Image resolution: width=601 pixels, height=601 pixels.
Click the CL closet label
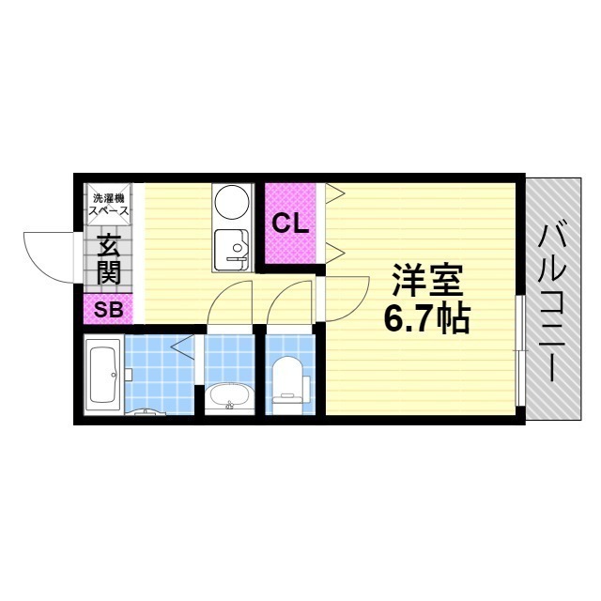pyautogui.click(x=290, y=223)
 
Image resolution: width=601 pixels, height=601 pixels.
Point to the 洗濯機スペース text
pyautogui.click(x=110, y=205)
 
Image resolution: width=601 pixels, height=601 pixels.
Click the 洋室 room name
pyautogui.click(x=425, y=281)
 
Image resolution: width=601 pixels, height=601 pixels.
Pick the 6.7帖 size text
pyautogui.click(x=425, y=321)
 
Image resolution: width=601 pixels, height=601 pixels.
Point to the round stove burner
pyautogui.click(x=230, y=202)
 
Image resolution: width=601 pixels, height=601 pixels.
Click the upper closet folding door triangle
pyautogui.click(x=336, y=195)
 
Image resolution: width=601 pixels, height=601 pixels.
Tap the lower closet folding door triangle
pyautogui.click(x=336, y=250)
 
